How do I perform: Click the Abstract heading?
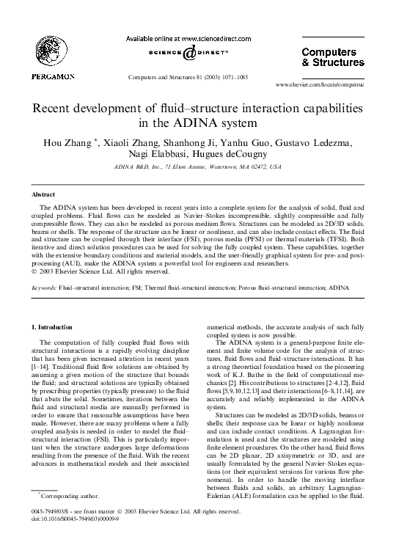[x=42, y=194]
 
